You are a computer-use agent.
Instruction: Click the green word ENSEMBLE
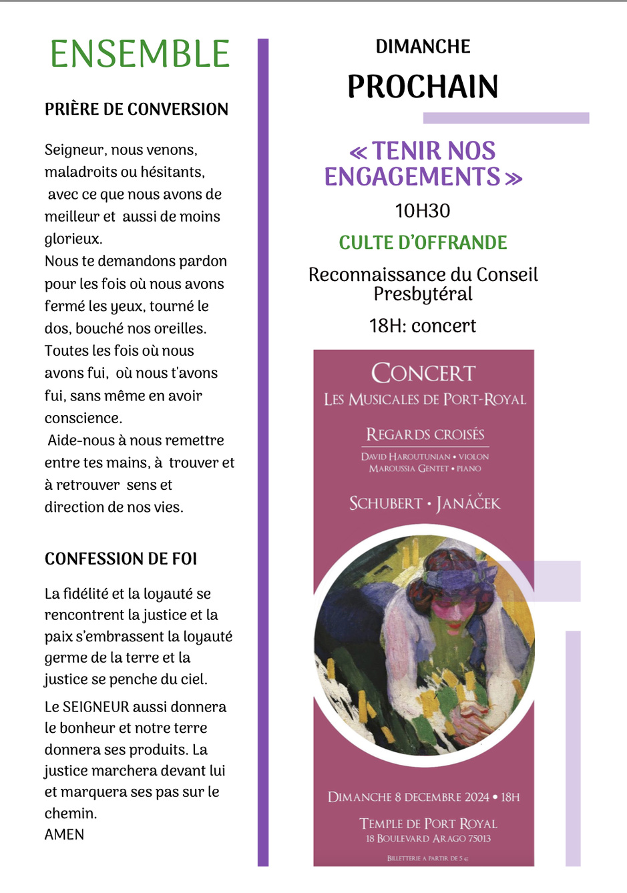pyautogui.click(x=140, y=54)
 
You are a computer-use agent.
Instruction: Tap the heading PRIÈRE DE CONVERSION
pyautogui.click(x=136, y=109)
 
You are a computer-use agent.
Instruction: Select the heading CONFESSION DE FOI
pyautogui.click(x=121, y=559)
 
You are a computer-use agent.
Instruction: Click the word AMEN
pyautogui.click(x=64, y=834)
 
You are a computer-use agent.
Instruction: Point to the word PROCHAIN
pyautogui.click(x=423, y=87)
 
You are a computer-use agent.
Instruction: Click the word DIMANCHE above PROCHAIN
pyautogui.click(x=423, y=47)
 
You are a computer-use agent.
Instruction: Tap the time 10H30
pyautogui.click(x=423, y=211)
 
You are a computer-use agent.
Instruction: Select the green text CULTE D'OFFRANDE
pyautogui.click(x=423, y=242)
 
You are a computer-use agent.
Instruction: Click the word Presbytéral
pyautogui.click(x=423, y=294)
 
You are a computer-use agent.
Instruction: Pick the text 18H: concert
pyautogui.click(x=423, y=326)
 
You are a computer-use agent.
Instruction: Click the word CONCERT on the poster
pyautogui.click(x=423, y=373)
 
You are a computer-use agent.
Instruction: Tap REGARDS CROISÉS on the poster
pyautogui.click(x=425, y=434)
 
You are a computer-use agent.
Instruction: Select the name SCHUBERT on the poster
pyautogui.click(x=386, y=503)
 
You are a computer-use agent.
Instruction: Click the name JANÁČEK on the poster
pyautogui.click(x=468, y=503)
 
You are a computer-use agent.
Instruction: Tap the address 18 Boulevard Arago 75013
pyautogui.click(x=428, y=839)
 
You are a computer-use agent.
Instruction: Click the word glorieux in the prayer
pyautogui.click(x=73, y=239)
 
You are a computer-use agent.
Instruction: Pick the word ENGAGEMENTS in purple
pyautogui.click(x=413, y=177)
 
